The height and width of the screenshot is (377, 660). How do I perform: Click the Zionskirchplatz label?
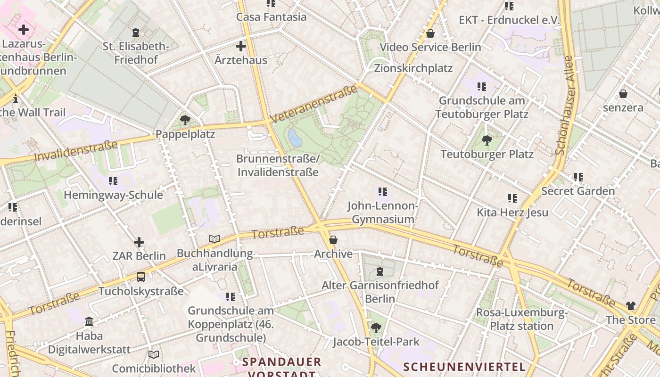(413, 68)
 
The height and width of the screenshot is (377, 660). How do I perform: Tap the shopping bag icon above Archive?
(333, 240)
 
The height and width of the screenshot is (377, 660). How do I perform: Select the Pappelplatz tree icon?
(185, 120)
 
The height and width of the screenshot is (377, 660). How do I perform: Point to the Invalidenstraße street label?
(75, 151)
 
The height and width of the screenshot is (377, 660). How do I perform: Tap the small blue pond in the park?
(295, 138)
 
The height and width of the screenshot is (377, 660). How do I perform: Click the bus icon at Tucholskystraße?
(141, 277)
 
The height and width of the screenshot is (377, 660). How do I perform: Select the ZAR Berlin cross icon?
(139, 242)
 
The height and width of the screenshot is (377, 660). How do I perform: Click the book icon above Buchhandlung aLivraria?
(214, 239)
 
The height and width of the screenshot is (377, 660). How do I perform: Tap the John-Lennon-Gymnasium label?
(383, 213)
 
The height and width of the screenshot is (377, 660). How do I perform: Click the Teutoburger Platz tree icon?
(487, 140)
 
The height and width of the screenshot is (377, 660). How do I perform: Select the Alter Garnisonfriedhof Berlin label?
(380, 292)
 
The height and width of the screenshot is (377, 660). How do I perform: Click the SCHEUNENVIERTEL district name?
(464, 367)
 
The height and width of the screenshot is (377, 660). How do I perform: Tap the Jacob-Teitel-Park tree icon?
(376, 328)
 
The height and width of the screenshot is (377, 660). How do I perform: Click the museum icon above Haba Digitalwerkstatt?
(89, 322)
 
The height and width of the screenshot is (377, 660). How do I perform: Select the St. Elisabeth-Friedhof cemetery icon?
(136, 33)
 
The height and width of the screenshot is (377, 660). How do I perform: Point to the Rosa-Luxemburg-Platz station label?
(521, 319)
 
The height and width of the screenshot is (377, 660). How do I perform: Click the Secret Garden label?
(578, 191)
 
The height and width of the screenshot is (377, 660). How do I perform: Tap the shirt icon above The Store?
(631, 306)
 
